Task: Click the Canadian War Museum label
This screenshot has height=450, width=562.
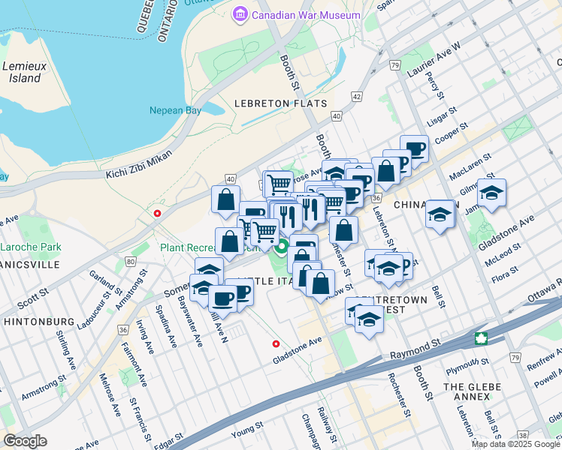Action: (x=306, y=15)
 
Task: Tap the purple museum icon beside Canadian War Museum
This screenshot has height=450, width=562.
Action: (x=240, y=14)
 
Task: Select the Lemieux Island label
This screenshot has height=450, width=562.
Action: (x=25, y=72)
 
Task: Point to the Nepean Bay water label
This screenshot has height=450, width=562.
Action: (x=176, y=110)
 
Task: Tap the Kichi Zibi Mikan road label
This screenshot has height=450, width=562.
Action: (x=139, y=163)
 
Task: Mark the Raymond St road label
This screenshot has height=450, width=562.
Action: (x=414, y=344)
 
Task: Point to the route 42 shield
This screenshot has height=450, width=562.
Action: (x=356, y=97)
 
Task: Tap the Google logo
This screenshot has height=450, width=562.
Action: (x=25, y=440)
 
